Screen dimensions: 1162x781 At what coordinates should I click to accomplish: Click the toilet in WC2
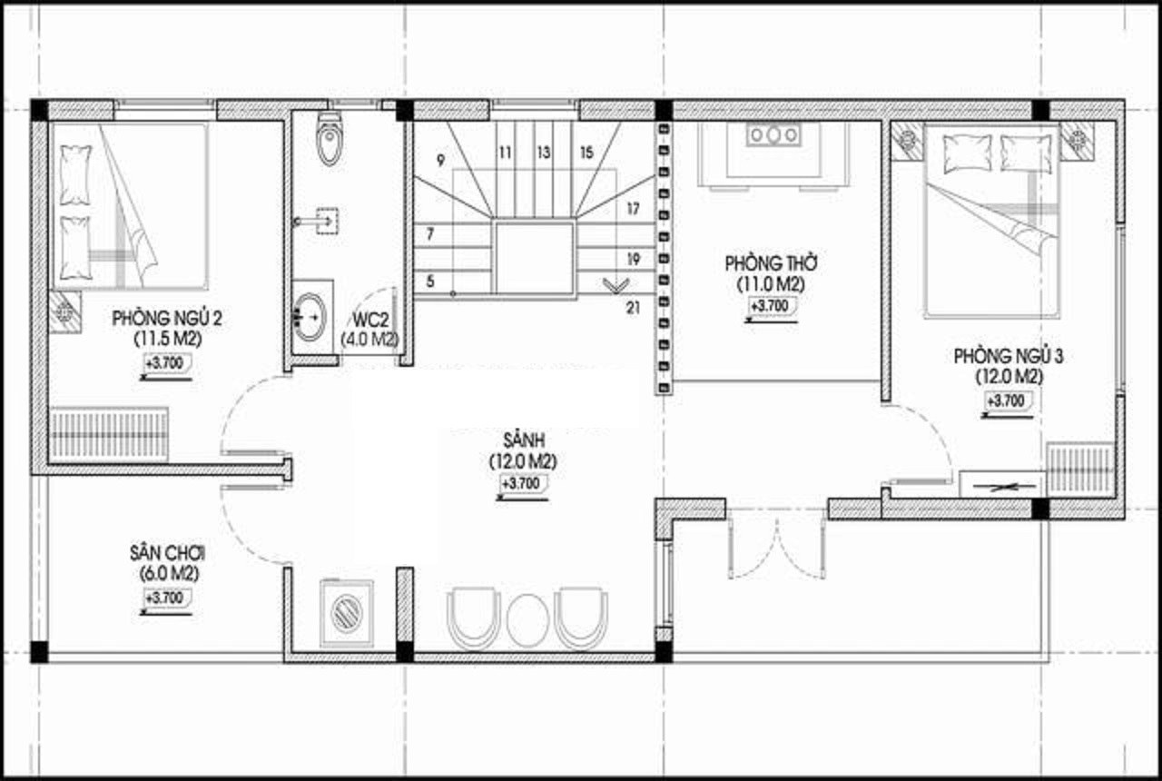tap(330, 139)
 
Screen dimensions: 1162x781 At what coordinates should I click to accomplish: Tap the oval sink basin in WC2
tap(310, 317)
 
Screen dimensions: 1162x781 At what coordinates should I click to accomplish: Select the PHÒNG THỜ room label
tap(771, 263)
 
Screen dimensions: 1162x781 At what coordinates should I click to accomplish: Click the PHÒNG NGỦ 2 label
tap(167, 318)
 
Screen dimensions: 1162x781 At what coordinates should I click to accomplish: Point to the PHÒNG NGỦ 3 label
tap(1009, 357)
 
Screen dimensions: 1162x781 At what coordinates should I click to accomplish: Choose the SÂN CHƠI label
tap(168, 554)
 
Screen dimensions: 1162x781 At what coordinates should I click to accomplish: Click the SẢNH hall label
tap(524, 440)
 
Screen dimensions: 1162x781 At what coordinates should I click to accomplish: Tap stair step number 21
tap(633, 308)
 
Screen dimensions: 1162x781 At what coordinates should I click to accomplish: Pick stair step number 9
tap(441, 161)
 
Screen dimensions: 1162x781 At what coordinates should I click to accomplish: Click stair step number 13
tap(544, 153)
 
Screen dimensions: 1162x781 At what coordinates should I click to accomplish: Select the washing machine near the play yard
tap(347, 613)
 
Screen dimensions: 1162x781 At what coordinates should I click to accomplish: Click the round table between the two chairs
tap(527, 620)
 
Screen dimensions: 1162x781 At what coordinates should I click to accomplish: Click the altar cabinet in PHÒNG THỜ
tap(773, 153)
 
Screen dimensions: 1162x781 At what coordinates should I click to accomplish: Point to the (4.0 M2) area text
tap(369, 340)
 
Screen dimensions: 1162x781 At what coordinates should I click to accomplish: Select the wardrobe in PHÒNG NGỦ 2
tap(109, 435)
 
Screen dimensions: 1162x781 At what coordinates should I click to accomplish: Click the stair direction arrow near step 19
tap(615, 285)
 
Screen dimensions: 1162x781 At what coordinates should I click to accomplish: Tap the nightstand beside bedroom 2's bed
tap(65, 311)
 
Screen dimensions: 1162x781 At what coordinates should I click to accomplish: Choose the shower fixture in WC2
tap(319, 222)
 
